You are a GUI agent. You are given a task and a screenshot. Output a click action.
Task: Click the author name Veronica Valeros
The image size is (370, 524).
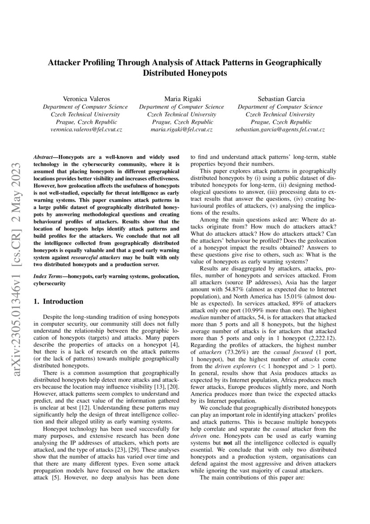coord(85,99)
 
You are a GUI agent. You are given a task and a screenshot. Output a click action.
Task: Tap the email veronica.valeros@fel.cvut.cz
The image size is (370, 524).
coord(85,129)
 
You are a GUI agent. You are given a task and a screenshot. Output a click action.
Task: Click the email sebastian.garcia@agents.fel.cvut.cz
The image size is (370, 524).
coord(280,129)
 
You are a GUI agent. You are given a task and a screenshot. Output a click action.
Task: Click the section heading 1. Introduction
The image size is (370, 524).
coord(59,302)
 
